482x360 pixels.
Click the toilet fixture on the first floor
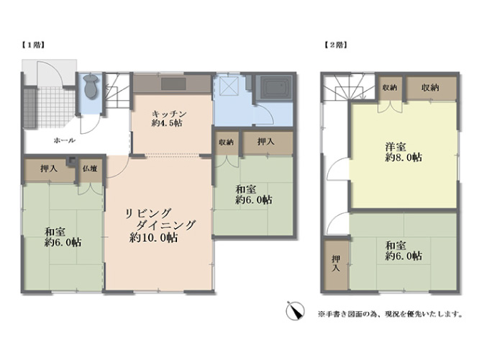pos(91,86)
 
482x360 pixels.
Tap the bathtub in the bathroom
pos(276,87)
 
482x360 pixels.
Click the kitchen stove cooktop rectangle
pos(173,84)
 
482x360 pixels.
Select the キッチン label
pos(169,114)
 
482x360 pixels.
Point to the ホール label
pos(65,140)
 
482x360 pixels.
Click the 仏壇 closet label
pos(90,168)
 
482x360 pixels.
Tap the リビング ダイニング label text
pos(160,219)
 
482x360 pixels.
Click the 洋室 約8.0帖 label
pos(404,152)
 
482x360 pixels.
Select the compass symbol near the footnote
pos(295,311)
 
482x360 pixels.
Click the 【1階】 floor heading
pos(33,45)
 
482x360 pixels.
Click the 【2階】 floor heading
pos(336,45)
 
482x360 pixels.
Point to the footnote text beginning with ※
pos(391,314)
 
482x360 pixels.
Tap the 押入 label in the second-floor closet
pos(336,264)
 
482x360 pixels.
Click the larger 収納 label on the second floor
pos(429,88)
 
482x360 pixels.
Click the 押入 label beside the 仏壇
pos(49,168)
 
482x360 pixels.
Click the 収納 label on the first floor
pos(226,142)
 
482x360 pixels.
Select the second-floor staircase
pos(349,87)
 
